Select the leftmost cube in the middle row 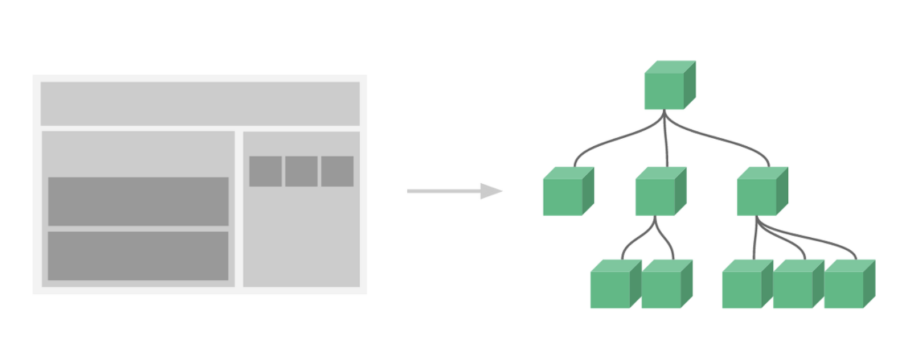563,196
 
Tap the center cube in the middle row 655,196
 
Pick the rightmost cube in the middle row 757,196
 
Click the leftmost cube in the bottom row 610,289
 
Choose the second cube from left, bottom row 661,289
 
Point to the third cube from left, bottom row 742,289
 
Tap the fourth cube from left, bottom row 793,289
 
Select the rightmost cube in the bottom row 844,289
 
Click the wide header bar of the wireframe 200,103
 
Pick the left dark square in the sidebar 265,171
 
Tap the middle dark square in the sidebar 301,171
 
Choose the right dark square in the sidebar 337,171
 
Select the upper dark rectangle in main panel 138,201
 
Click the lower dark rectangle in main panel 138,255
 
